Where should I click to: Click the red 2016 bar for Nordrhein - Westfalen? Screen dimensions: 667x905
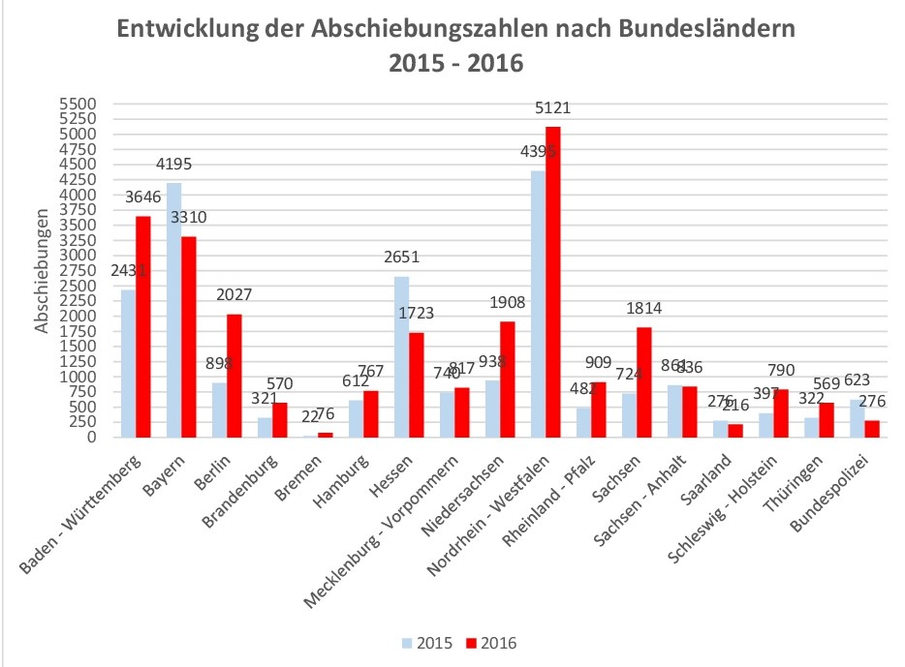553,282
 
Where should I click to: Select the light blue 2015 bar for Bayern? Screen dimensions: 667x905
173,310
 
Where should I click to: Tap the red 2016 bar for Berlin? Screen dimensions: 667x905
234,376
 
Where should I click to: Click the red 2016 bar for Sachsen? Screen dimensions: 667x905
644,382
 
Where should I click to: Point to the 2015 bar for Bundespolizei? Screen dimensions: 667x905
857,418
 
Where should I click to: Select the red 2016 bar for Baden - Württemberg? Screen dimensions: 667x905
142,326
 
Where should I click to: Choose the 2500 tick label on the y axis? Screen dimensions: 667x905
77,287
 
